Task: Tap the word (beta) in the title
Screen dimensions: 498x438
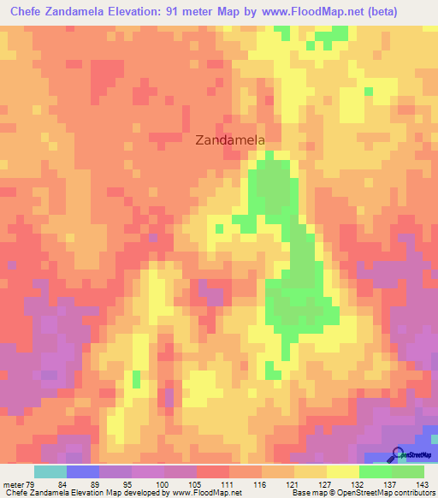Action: pyautogui.click(x=411, y=13)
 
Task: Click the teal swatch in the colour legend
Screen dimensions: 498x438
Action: pyautogui.click(x=50, y=472)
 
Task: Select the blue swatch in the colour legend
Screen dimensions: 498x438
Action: pyautogui.click(x=82, y=472)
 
